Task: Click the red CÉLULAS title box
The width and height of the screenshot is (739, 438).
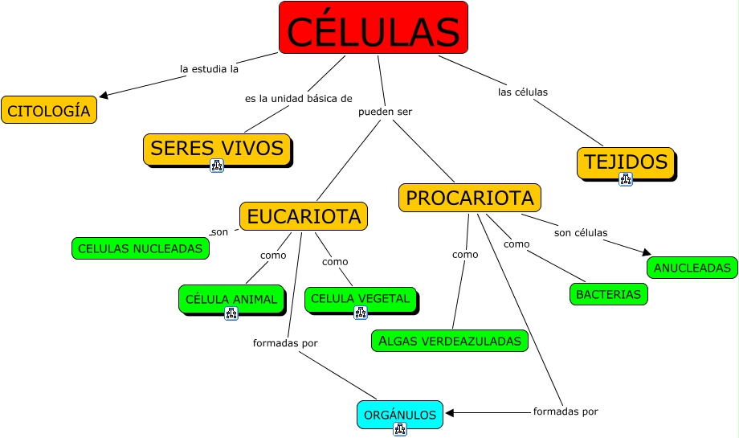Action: [374, 27]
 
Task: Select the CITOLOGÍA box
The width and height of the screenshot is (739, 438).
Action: [49, 110]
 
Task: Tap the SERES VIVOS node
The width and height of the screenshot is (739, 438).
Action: [217, 149]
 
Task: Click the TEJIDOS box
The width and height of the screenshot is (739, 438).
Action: [626, 162]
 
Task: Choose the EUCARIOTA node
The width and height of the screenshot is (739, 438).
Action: [304, 216]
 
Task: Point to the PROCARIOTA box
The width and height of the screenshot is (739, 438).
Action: [470, 198]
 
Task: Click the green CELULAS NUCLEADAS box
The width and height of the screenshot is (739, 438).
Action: [141, 248]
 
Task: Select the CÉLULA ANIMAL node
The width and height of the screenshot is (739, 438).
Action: [231, 299]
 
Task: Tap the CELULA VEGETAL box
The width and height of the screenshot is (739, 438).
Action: [361, 299]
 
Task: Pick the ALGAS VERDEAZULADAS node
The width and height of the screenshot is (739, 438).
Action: [450, 341]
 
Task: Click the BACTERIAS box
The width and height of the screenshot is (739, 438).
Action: [608, 294]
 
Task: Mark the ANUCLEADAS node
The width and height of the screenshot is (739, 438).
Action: [692, 268]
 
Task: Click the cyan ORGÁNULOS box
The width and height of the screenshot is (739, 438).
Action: [400, 415]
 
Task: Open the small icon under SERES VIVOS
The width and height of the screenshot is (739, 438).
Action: [217, 166]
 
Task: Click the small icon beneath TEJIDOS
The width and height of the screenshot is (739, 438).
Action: [626, 179]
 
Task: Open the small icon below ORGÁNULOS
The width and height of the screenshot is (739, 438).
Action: [400, 429]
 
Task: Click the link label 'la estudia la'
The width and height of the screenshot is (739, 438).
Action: [210, 69]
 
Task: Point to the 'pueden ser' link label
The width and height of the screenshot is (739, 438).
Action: [385, 112]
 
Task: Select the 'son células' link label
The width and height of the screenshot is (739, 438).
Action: [581, 232]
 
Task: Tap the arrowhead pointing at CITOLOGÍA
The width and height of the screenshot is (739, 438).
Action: [104, 96]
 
